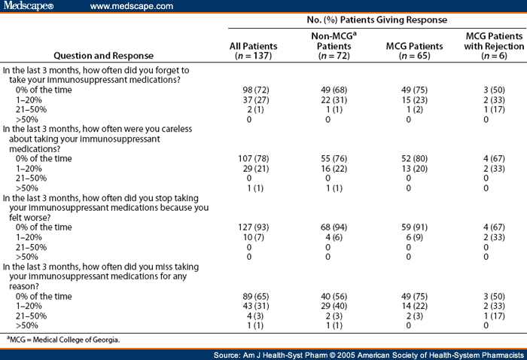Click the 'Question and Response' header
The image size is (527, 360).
pos(109,55)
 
